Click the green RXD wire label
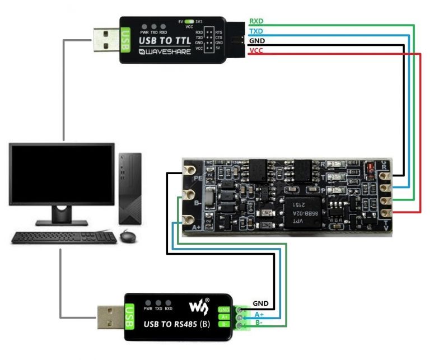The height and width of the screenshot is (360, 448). pos(256,21)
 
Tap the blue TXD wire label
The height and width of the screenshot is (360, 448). pos(256,31)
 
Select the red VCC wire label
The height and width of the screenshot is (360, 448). pos(256,51)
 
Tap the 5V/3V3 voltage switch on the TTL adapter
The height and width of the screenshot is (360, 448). pos(189,21)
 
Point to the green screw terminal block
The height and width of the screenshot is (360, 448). pos(241,317)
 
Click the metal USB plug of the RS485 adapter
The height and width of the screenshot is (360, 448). pos(111,316)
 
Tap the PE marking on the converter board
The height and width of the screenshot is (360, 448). pos(198,178)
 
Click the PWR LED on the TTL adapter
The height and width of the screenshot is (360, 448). pos(144,26)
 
